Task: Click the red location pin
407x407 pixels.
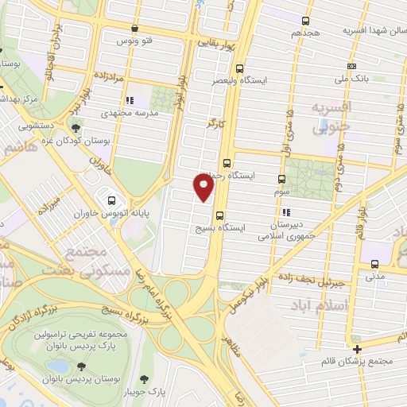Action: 204,186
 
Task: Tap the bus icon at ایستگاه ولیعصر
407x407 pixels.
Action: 238,68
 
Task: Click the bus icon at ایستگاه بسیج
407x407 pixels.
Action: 219,214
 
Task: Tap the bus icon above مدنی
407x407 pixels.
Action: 374,265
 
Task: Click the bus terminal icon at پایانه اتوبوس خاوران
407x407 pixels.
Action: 110,200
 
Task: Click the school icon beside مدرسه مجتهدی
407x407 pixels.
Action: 128,101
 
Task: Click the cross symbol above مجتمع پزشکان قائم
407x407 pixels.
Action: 358,349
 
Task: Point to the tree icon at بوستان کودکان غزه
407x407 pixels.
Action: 76,129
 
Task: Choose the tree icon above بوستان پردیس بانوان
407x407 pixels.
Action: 80,366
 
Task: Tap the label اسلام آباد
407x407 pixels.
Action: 343,306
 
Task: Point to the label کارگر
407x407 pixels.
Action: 215,124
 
